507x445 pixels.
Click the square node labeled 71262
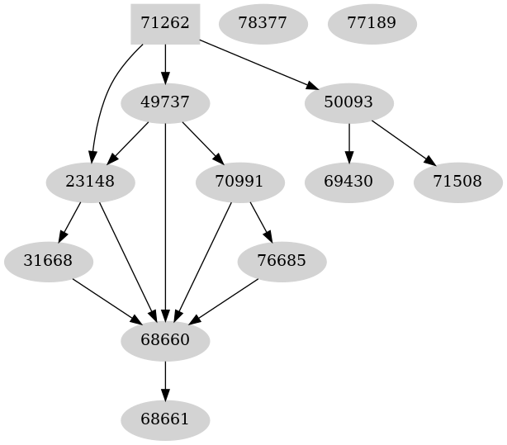pos(165,23)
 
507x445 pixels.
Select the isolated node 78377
pos(263,23)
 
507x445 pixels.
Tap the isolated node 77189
pos(372,23)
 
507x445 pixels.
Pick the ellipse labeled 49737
pos(165,103)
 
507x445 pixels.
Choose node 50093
pos(349,103)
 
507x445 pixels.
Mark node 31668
pos(49,261)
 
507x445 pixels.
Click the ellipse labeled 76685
pos(282,261)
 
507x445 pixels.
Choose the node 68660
pos(165,340)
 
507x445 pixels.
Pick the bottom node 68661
pos(165,419)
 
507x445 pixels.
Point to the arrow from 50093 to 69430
pos(349,142)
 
